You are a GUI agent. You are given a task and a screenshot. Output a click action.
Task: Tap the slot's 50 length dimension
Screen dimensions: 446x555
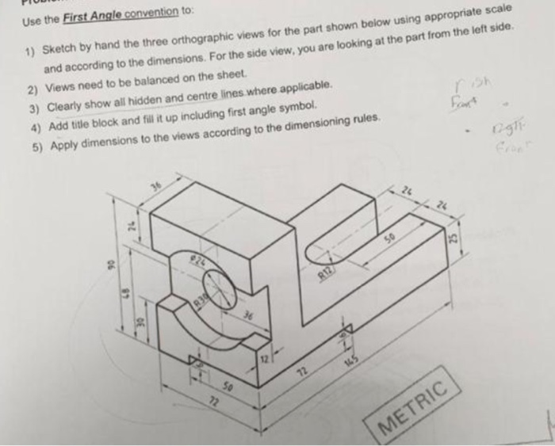click(x=388, y=238)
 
